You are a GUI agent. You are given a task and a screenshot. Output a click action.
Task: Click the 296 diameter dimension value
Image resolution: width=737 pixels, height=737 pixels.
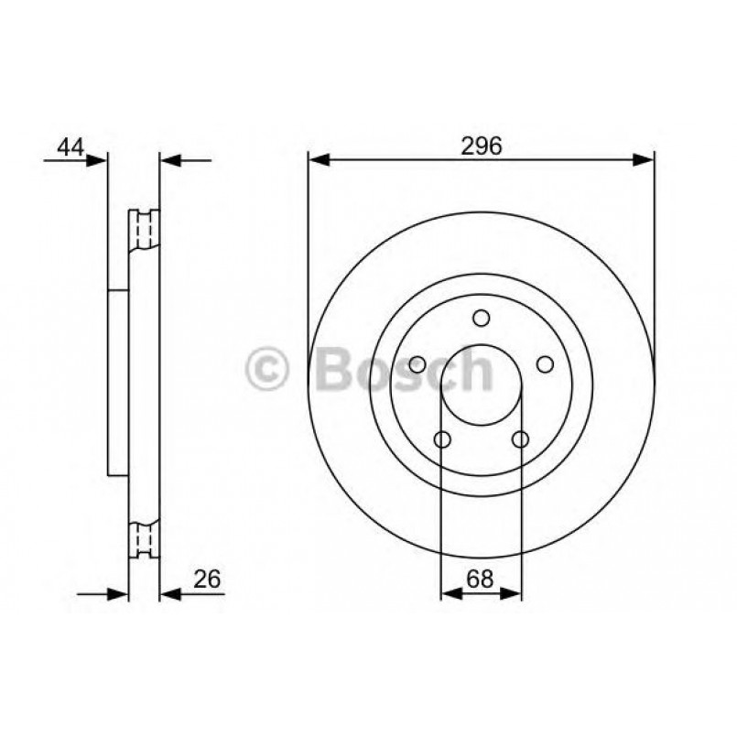(x=482, y=146)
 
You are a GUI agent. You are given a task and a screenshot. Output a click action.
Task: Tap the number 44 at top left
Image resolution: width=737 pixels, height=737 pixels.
(x=72, y=146)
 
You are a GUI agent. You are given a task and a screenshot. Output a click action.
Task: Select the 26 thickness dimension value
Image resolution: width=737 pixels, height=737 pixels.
(x=208, y=578)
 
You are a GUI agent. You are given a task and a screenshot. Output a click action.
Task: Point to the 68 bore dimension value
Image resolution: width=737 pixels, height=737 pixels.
(x=482, y=578)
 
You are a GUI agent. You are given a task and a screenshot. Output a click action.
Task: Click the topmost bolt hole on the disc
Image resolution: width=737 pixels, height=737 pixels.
(x=482, y=318)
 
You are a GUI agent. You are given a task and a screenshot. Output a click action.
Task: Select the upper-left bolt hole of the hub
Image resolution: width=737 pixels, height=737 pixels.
(x=417, y=364)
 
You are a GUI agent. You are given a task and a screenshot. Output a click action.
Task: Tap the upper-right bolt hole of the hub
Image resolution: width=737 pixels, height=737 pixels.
(x=546, y=364)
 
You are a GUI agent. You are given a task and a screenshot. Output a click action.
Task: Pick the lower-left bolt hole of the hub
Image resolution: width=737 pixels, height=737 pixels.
(x=441, y=440)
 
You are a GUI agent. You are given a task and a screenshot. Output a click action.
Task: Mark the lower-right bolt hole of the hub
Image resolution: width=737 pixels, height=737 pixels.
(x=521, y=440)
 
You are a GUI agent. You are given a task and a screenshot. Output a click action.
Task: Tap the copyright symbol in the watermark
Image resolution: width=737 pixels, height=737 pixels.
(x=268, y=371)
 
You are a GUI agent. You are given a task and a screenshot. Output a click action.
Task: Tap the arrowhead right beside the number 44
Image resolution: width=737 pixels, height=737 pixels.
(x=97, y=159)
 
